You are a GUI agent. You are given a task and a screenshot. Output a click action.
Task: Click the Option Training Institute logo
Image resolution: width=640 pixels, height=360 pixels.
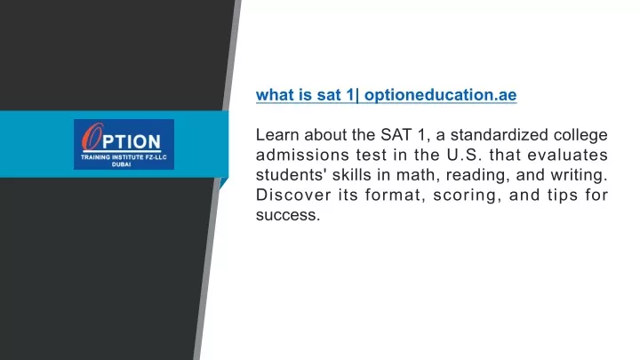pos(124,144)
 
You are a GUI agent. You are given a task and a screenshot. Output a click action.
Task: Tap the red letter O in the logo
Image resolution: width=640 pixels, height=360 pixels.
pos(92,136)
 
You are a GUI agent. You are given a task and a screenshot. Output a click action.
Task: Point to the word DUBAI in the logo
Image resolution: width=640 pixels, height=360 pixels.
pos(121,164)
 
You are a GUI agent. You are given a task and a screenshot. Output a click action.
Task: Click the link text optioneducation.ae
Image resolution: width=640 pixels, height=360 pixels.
pos(440,95)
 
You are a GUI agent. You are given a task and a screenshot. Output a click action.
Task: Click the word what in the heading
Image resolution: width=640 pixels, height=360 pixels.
pos(275,95)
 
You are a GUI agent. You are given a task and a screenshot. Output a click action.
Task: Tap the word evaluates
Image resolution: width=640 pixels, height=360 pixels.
pos(568,155)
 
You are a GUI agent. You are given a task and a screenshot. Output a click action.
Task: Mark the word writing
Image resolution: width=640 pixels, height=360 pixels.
pos(580,175)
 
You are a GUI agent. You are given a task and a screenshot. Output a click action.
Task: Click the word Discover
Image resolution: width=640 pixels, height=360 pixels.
pos(293,195)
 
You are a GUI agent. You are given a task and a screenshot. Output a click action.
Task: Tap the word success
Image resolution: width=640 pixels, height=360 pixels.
pos(288,215)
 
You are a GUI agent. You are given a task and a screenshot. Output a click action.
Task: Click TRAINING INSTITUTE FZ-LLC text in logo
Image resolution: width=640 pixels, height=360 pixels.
pos(124,157)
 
